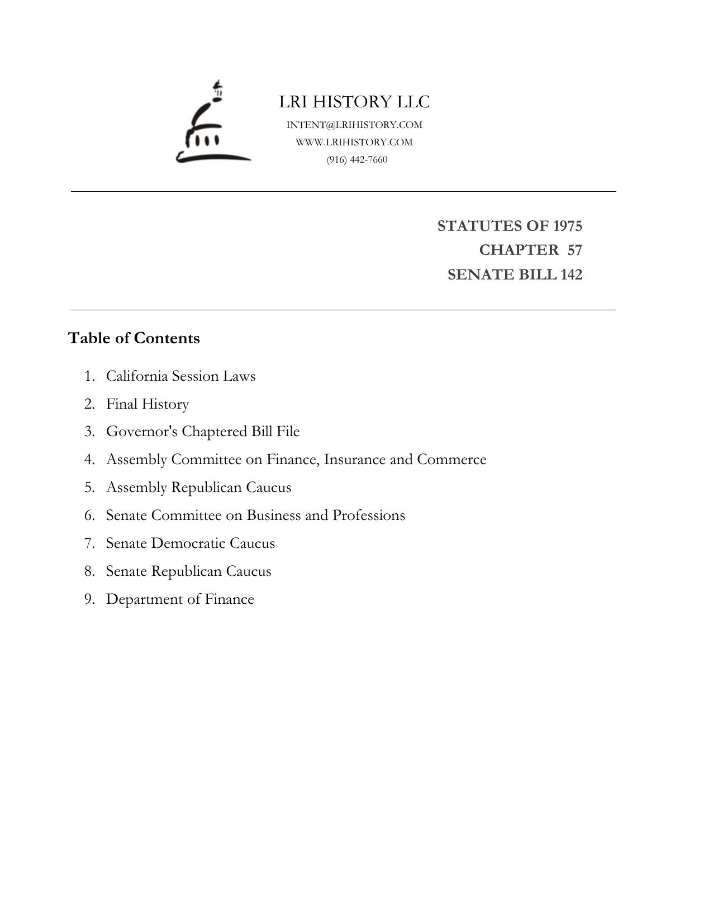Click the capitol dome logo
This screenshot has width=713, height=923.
pos(212,123)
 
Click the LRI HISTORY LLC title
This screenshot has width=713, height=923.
pos(354,102)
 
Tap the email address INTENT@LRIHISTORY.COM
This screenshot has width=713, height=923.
pos(354,125)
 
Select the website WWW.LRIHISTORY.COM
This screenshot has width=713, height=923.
pos(354,142)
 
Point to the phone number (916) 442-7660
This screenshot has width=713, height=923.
pos(357,160)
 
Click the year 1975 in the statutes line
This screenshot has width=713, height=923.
pos(567,226)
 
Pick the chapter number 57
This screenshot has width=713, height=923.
pos(574,250)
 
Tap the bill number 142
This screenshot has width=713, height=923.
pos(571,274)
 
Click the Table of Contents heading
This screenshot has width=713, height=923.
pos(134,338)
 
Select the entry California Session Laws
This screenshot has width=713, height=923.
pos(180,376)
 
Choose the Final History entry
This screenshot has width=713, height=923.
pos(148,404)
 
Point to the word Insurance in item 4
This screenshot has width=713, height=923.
pos(354,460)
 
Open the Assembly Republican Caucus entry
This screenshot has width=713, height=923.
pos(198,487)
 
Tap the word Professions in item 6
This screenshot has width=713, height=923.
pos(369,515)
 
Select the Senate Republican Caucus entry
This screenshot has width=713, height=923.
pos(188,571)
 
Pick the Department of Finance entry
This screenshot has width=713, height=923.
pos(180,599)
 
